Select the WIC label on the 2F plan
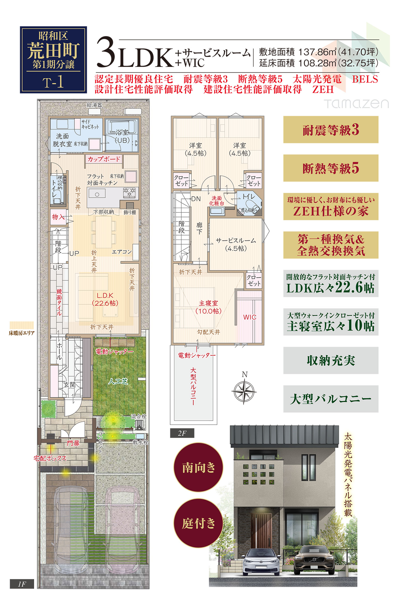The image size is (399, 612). click(250, 317)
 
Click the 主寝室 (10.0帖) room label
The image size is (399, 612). click(208, 307)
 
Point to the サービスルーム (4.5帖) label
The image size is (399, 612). click(236, 245)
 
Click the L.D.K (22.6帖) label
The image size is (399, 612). click(105, 299)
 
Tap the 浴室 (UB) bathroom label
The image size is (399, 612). click(122, 136)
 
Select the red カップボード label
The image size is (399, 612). click(104, 159)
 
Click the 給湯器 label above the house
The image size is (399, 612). click(94, 105)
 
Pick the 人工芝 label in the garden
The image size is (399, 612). click(118, 381)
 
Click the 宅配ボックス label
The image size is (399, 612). click(50, 458)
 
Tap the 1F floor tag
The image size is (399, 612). click(22, 584)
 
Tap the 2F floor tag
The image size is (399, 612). click(182, 433)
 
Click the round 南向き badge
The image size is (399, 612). click(198, 468)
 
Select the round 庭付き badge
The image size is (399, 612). click(198, 523)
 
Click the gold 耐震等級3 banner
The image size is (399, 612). click(331, 130)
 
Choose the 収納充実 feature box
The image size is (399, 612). click(331, 361)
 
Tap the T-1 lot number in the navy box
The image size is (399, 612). click(53, 82)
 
